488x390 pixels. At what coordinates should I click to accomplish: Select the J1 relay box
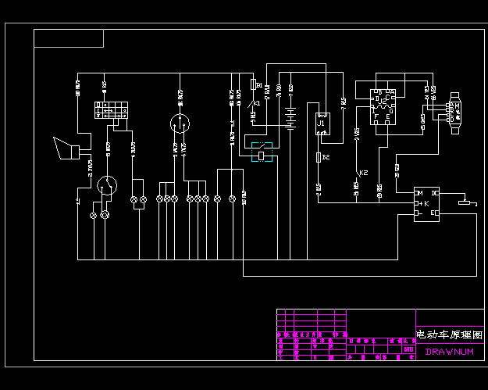coord(322,124)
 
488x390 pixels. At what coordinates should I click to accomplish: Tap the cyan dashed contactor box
coord(262,152)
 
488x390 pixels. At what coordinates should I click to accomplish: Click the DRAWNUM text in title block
coord(449,352)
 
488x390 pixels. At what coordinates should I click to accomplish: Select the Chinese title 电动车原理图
coord(449,334)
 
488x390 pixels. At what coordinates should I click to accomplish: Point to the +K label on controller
coord(422,203)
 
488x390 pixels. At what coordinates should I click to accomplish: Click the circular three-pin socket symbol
coord(180,123)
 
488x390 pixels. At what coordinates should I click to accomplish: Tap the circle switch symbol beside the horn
coord(107,185)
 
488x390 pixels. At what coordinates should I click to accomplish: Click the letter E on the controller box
coord(435,213)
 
